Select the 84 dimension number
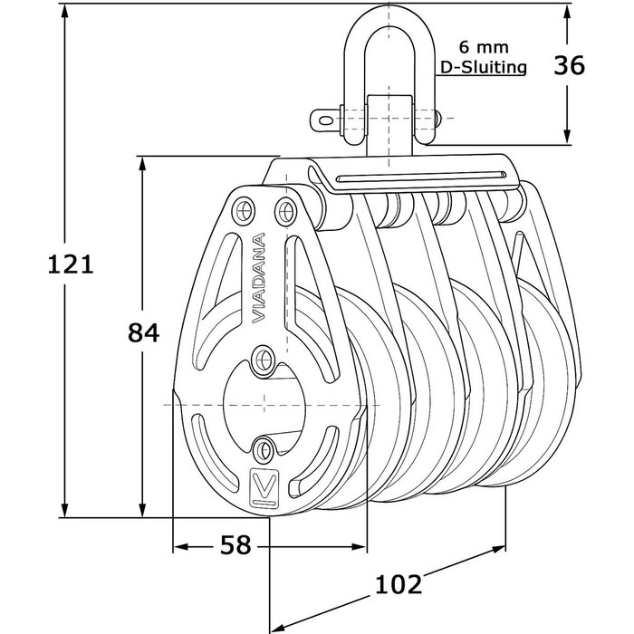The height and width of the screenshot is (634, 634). coord(144,333)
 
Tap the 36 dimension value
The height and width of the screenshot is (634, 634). coord(568,66)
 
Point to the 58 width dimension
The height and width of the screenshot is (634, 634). coord(235,545)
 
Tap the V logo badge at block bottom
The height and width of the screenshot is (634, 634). coord(262,487)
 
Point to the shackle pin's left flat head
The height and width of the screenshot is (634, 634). coord(323,118)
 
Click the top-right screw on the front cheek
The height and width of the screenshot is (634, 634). coord(285,211)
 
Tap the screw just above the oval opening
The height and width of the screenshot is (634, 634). coord(263,357)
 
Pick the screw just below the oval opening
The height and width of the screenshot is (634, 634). coord(264,447)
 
